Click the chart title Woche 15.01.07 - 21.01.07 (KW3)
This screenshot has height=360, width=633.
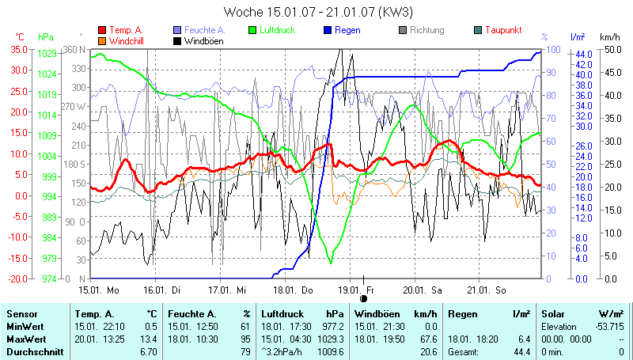[x=318, y=12]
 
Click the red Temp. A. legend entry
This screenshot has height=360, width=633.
[x=127, y=30]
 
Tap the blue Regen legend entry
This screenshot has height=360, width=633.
[x=342, y=30]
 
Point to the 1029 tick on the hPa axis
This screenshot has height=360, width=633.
[x=47, y=53]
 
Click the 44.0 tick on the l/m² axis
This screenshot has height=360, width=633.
[x=583, y=53]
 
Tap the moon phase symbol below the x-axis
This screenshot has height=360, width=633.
[x=364, y=298]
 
